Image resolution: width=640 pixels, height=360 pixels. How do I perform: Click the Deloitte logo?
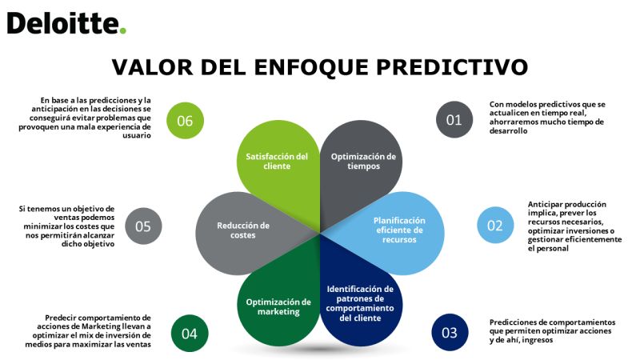(x=66, y=23)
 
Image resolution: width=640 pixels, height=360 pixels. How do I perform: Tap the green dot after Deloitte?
(x=123, y=30)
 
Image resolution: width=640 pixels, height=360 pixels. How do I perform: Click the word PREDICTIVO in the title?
(x=452, y=67)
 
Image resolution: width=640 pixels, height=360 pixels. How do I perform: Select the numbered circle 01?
(x=454, y=119)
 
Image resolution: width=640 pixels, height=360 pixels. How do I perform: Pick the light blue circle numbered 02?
(x=495, y=226)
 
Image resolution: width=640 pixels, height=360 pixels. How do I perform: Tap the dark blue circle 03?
(x=450, y=332)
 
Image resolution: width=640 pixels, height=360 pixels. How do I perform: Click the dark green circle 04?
(x=190, y=334)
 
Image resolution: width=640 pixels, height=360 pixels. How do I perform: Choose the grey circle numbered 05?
(x=143, y=226)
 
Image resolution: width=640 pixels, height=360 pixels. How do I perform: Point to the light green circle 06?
(x=185, y=121)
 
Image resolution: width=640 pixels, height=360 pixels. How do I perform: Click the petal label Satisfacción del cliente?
(x=277, y=162)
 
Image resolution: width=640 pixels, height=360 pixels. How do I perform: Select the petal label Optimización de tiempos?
(x=363, y=162)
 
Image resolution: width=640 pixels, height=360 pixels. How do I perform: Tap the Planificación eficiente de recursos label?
(x=399, y=230)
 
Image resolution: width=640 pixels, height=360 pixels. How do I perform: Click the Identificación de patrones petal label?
(x=360, y=303)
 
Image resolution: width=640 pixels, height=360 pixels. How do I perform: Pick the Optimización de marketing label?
(x=278, y=306)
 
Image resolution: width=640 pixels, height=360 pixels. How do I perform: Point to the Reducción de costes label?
(x=243, y=230)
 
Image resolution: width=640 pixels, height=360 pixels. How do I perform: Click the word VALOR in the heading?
(x=152, y=67)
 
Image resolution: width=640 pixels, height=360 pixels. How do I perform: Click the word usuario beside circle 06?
(x=137, y=135)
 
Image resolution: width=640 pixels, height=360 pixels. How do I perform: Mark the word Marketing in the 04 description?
(x=102, y=326)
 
